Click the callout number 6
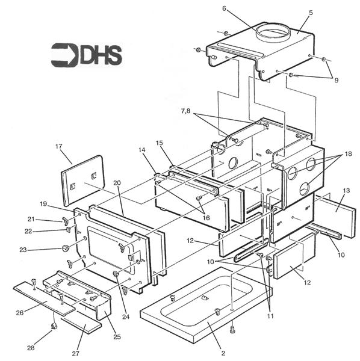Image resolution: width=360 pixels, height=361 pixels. [x=225, y=8]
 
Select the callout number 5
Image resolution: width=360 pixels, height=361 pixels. [x=311, y=12]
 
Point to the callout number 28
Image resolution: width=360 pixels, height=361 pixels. [x=31, y=348]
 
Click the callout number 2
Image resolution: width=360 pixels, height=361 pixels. [x=223, y=353]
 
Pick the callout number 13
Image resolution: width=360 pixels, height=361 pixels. [x=346, y=190]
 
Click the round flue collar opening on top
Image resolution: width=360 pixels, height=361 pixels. [x=275, y=31]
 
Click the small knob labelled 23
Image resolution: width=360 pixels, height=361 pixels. [x=64, y=248]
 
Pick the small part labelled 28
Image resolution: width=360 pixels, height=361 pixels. [x=53, y=327]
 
